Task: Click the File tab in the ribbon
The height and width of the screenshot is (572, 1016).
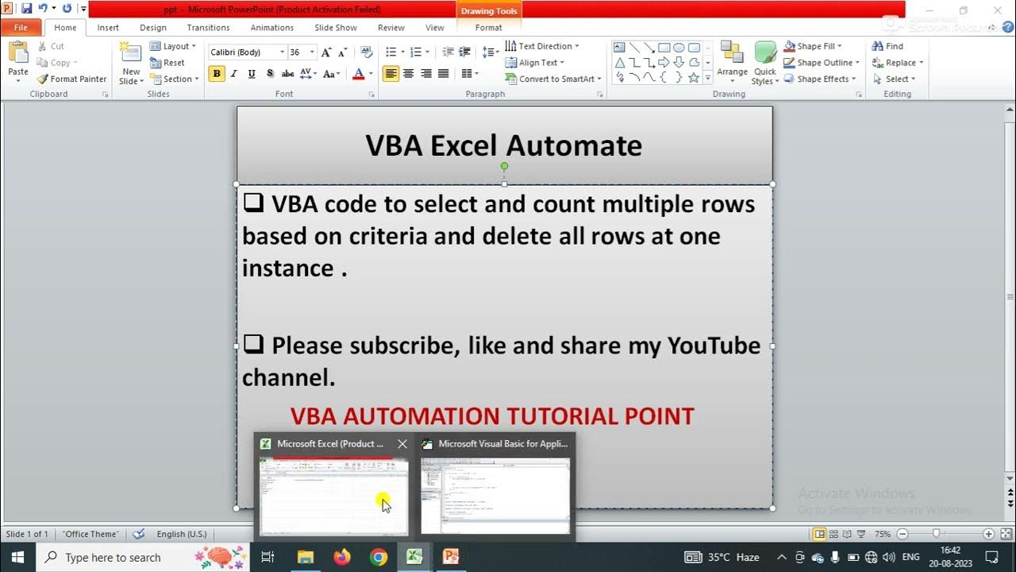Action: click(20, 28)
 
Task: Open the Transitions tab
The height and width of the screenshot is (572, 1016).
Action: click(208, 28)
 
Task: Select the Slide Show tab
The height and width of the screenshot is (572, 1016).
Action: click(335, 28)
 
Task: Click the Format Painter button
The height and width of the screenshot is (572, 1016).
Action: click(71, 79)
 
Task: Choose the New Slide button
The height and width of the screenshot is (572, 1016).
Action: click(130, 64)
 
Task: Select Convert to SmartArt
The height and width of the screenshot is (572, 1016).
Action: click(553, 79)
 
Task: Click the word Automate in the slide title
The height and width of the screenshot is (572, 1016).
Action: click(573, 145)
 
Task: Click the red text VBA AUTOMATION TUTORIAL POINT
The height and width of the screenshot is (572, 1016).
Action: click(492, 416)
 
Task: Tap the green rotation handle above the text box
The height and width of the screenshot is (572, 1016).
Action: click(504, 166)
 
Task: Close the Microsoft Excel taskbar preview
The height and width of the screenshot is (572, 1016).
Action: click(402, 444)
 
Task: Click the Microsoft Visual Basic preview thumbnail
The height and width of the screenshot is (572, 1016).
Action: click(495, 496)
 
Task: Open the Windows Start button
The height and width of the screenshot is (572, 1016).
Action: click(17, 557)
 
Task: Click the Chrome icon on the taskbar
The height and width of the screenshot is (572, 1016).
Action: click(379, 557)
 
